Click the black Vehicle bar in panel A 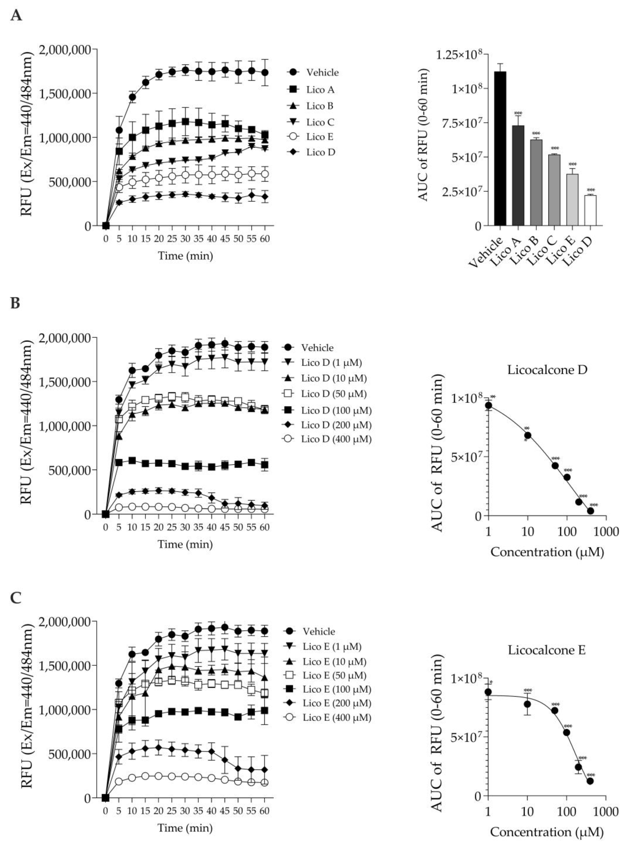pos(500,149)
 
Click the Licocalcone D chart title pos(547,370)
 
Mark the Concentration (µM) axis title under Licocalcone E pos(547,832)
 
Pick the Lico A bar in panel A pos(518,175)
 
